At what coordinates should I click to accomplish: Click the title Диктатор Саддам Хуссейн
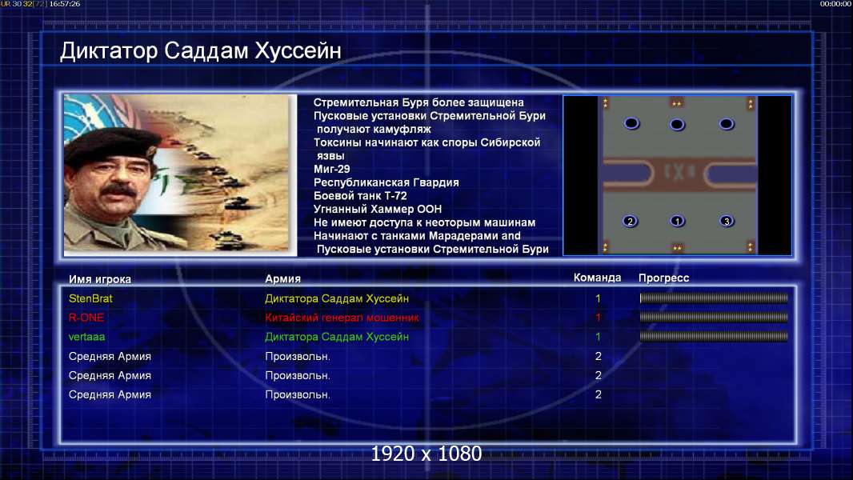click(201, 51)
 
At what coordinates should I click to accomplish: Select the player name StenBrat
click(90, 298)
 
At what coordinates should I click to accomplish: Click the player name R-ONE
click(86, 318)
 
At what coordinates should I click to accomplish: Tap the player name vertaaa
click(86, 337)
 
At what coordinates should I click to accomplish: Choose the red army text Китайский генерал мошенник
click(342, 318)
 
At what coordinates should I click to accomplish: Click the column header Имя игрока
click(99, 279)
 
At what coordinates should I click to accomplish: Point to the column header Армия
click(283, 279)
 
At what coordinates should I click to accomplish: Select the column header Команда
click(597, 278)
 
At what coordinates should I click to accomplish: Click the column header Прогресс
click(663, 278)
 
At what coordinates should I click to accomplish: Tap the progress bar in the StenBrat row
click(714, 298)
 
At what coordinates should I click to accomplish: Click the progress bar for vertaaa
click(714, 337)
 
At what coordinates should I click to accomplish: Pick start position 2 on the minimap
click(630, 222)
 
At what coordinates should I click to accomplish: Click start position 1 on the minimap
click(677, 222)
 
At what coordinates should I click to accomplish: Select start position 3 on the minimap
click(727, 222)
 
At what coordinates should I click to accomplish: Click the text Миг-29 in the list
click(332, 169)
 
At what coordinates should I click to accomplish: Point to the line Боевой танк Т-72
click(360, 196)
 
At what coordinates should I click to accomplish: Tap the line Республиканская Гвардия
click(386, 182)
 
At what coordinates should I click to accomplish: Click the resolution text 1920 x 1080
click(426, 454)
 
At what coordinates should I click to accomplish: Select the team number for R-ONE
click(598, 318)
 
